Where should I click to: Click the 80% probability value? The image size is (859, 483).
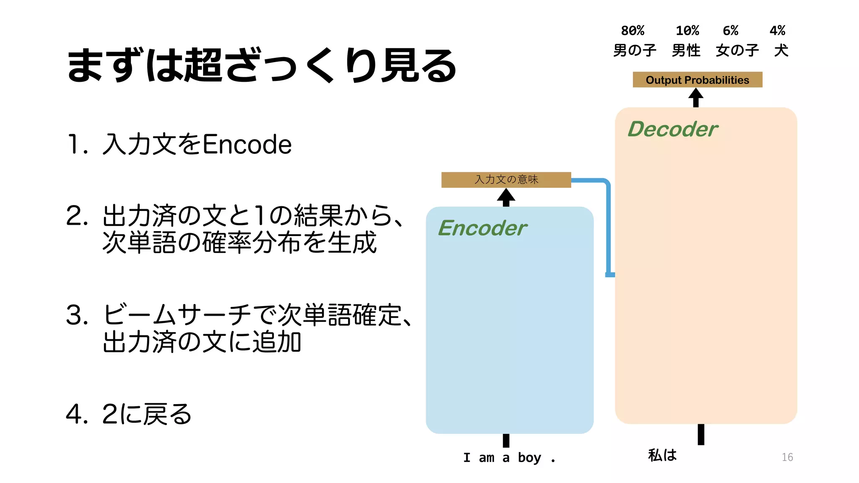[x=633, y=31]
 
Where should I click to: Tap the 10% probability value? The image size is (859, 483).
[x=687, y=31]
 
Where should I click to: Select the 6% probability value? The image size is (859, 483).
[x=730, y=31]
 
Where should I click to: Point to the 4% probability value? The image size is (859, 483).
[x=777, y=31]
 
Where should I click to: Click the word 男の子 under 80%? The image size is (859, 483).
[x=635, y=51]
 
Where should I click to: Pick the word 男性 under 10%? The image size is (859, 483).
[x=686, y=51]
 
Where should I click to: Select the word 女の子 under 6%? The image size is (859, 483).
[x=737, y=51]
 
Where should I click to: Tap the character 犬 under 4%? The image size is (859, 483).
[x=781, y=51]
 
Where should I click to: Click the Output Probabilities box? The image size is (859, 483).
[x=697, y=80]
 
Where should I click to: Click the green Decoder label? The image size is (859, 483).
[x=672, y=129]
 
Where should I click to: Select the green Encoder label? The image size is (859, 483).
[x=482, y=229]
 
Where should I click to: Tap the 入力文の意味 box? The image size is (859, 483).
[x=506, y=179]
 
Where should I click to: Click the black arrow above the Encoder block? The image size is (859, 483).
[x=506, y=197]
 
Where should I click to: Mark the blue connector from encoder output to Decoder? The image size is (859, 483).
[x=608, y=226]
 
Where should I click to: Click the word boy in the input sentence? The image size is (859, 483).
[x=529, y=457]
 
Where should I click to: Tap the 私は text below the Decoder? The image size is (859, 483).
[x=662, y=455]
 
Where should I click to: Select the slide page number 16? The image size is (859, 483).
[x=787, y=457]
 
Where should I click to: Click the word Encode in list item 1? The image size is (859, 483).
[x=247, y=144]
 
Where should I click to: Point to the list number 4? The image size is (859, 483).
[x=74, y=414]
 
